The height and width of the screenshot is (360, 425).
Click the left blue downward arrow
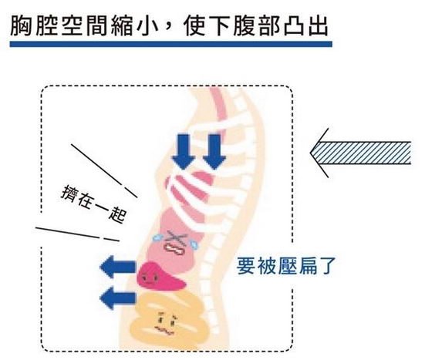(184, 151)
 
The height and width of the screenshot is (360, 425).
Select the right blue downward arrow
(214, 151)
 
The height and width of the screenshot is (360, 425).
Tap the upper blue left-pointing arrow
(118, 267)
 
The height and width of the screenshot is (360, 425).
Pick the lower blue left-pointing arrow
(118, 298)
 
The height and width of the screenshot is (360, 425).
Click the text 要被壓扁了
(286, 266)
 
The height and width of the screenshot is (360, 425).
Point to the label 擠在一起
(93, 204)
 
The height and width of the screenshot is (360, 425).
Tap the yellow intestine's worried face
(166, 322)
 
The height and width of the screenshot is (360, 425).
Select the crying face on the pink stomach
(176, 242)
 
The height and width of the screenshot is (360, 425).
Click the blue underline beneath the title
(170, 44)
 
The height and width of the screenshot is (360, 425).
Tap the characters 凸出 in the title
(305, 26)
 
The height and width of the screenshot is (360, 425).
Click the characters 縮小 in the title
(135, 26)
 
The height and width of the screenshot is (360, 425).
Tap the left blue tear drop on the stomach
(157, 237)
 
